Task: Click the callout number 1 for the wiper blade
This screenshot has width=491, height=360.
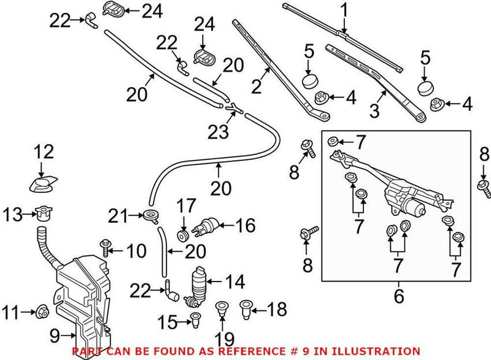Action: point(344,10)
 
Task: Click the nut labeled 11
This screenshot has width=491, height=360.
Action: point(42,311)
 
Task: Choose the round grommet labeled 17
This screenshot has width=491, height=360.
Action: point(182,234)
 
